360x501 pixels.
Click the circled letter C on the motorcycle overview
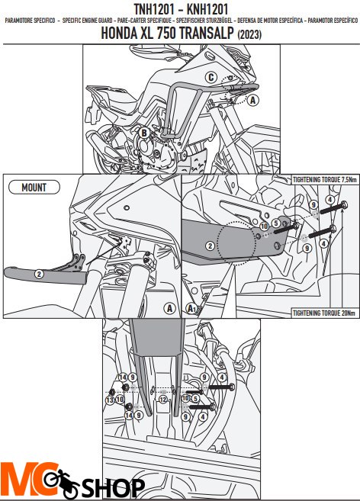coord(210,76)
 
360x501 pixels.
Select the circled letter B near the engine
coord(143,133)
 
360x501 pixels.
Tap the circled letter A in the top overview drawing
coord(253,99)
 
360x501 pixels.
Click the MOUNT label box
coord(34,187)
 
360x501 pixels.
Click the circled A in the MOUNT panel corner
coord(169,308)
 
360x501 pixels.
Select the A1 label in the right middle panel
coord(192,309)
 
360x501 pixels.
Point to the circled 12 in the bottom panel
coord(162,399)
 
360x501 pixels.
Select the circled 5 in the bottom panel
coord(195,398)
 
